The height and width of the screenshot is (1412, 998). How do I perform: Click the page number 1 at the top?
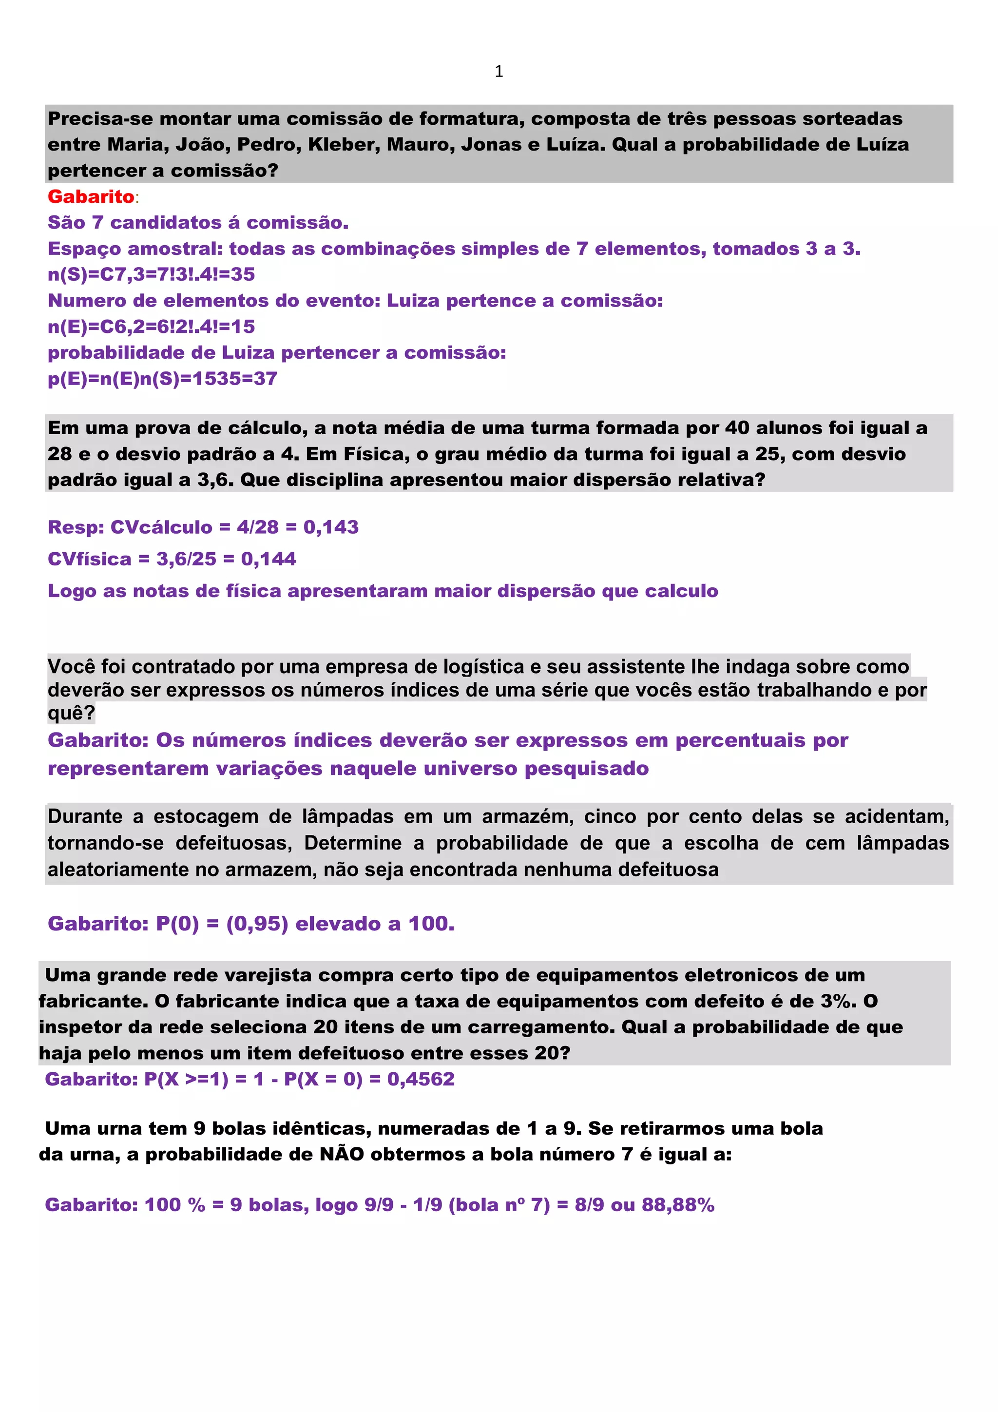pyautogui.click(x=499, y=71)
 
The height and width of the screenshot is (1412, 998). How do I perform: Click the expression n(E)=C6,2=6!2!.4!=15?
pyautogui.click(x=151, y=327)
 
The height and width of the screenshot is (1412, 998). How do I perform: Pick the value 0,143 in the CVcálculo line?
pyautogui.click(x=331, y=527)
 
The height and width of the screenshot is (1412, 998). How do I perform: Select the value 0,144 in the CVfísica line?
pyautogui.click(x=269, y=559)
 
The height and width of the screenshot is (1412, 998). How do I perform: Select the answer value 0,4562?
pyautogui.click(x=421, y=1079)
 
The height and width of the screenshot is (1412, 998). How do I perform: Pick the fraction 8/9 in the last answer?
pyautogui.click(x=587, y=1205)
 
